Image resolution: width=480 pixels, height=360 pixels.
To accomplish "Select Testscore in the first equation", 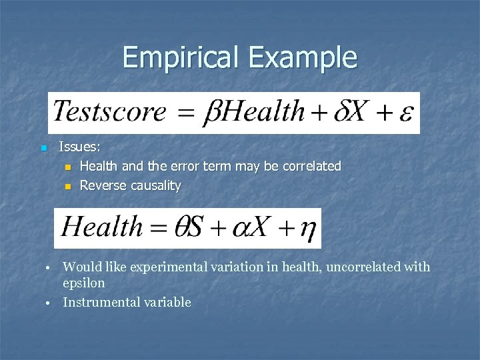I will tap(109, 111).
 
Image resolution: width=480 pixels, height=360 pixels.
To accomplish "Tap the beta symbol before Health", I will tap(211, 111).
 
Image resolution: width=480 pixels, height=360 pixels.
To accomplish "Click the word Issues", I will tap(79, 146).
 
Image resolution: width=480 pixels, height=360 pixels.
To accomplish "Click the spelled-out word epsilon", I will tap(83, 283).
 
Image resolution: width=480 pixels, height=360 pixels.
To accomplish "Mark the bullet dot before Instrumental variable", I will tap(49, 303).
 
